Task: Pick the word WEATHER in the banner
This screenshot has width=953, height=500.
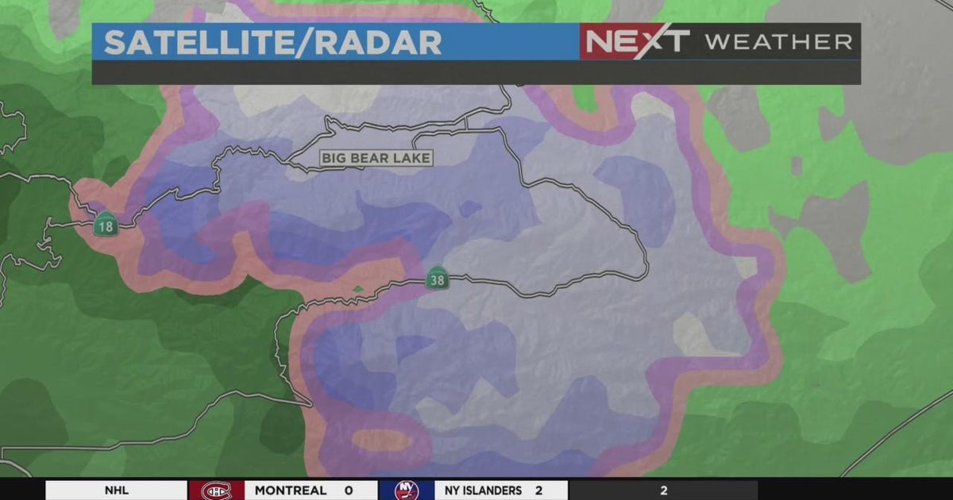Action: pyautogui.click(x=778, y=42)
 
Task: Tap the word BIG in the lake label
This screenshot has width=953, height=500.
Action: pyautogui.click(x=335, y=158)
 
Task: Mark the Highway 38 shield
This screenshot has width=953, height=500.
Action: pyautogui.click(x=438, y=278)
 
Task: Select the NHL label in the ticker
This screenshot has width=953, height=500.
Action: pyautogui.click(x=116, y=490)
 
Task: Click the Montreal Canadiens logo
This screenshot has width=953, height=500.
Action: pyautogui.click(x=215, y=490)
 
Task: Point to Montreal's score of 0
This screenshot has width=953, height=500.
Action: pyautogui.click(x=348, y=490)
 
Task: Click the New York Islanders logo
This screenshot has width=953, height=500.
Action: pyautogui.click(x=406, y=490)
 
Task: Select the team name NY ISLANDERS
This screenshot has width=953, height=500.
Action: pyautogui.click(x=483, y=490)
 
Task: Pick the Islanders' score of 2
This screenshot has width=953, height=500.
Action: pyautogui.click(x=538, y=490)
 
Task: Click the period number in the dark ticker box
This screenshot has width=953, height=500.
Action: pyautogui.click(x=663, y=490)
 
